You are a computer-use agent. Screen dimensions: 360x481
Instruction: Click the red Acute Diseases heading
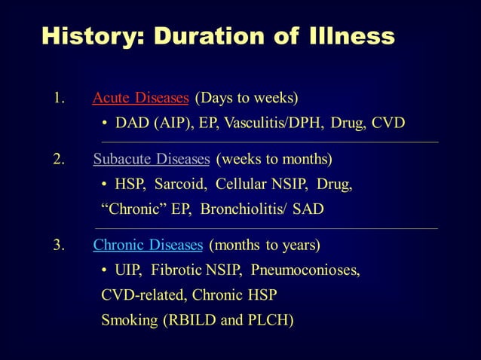coord(140,98)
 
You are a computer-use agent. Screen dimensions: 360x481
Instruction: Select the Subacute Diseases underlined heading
coord(151,160)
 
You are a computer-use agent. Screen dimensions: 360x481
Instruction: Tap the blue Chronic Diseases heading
coord(148,246)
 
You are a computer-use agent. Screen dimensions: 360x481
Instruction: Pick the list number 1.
coord(57,99)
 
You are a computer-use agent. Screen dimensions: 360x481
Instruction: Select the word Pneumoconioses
coord(305,270)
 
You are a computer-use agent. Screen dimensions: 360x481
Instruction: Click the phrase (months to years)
coord(265,246)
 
